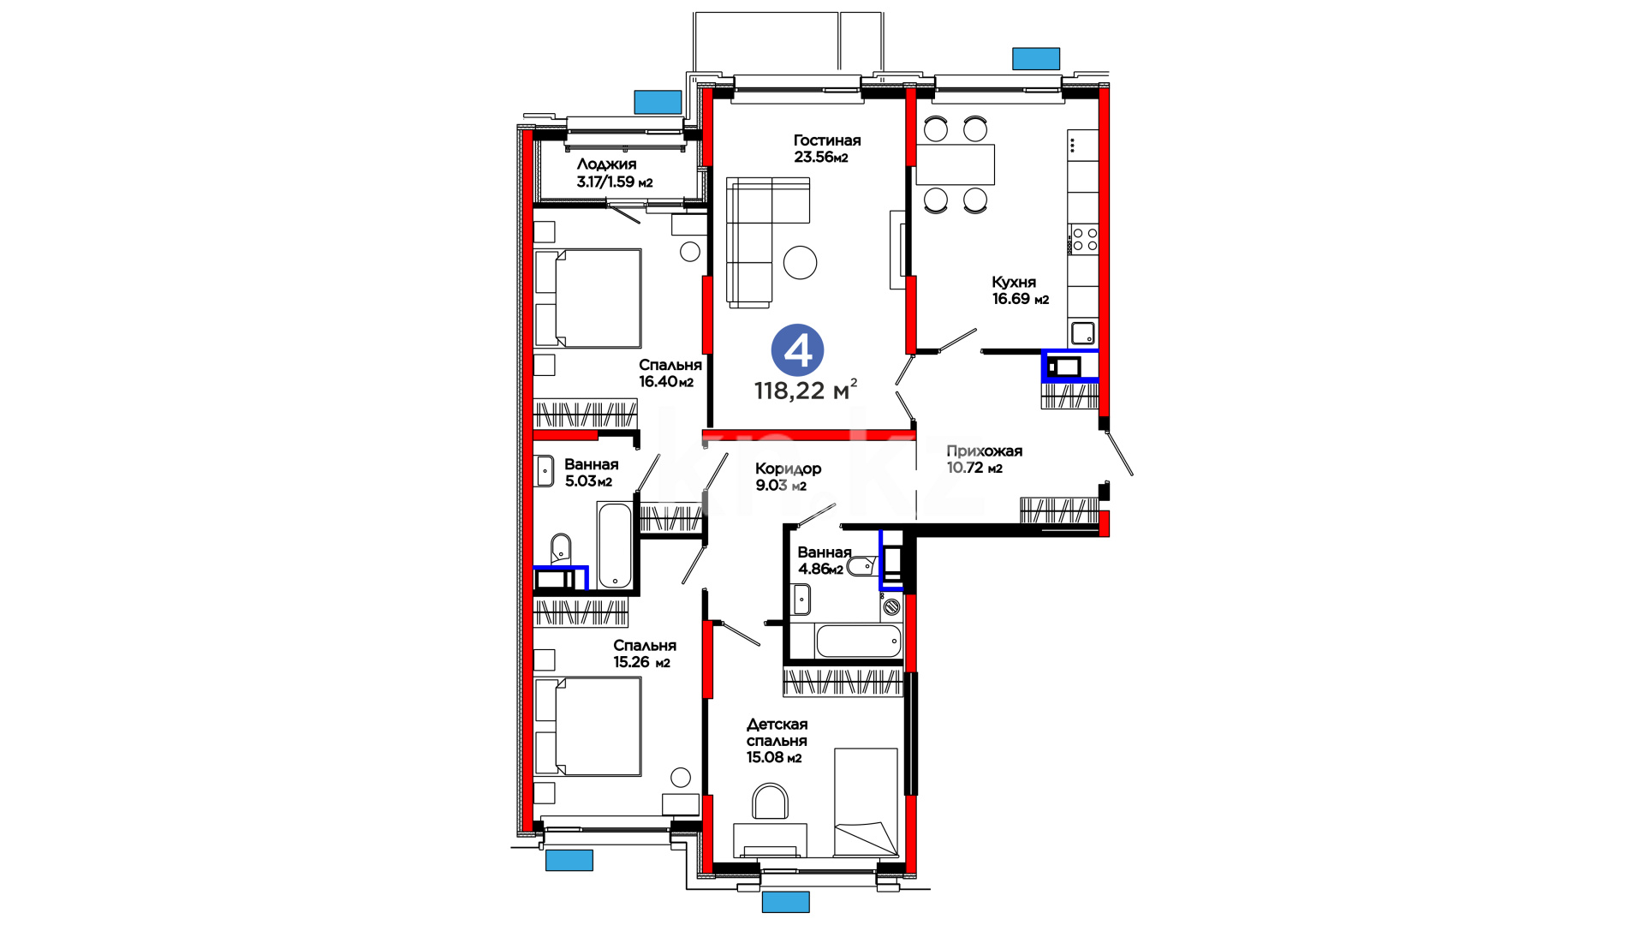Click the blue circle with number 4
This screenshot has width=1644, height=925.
click(x=797, y=350)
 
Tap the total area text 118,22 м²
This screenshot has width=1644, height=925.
click(x=805, y=391)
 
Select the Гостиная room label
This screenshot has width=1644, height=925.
click(x=827, y=140)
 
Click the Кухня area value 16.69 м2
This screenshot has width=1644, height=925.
click(x=1021, y=299)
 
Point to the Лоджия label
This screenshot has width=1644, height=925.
click(x=606, y=164)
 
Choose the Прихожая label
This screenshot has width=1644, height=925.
click(x=984, y=451)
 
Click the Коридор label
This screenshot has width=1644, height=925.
click(x=788, y=468)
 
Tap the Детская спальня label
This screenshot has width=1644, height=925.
click(x=777, y=732)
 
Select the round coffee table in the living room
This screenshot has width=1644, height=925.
click(x=801, y=262)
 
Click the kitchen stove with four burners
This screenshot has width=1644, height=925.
click(x=1085, y=239)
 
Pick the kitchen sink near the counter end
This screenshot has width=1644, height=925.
click(x=1083, y=332)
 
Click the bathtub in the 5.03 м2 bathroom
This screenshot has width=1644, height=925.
click(x=615, y=546)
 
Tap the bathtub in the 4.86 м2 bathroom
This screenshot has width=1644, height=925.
click(x=859, y=641)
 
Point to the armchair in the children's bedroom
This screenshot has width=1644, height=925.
click(x=770, y=802)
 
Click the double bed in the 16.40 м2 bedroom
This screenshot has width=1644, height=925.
click(x=587, y=298)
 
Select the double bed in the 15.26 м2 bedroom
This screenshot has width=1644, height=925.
click(x=587, y=726)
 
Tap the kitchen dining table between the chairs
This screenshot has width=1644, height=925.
click(x=956, y=164)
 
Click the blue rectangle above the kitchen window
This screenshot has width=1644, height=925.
click(x=1036, y=58)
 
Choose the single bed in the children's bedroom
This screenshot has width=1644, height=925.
click(x=866, y=803)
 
